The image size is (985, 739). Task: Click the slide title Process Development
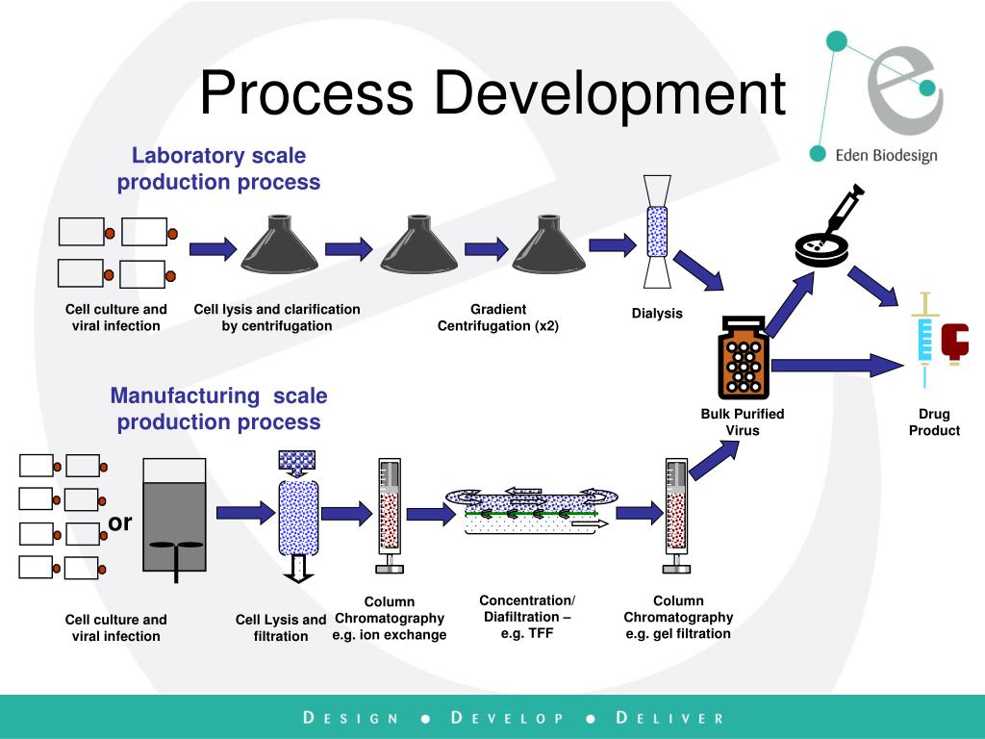[492, 94]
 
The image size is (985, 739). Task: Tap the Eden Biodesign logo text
[885, 155]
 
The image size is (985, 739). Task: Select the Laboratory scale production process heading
[218, 168]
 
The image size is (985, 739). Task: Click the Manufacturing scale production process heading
[218, 408]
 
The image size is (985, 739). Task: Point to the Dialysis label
[657, 313]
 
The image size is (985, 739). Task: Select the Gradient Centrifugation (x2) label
[498, 318]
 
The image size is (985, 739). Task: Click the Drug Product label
[934, 421]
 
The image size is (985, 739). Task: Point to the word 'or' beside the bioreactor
[120, 522]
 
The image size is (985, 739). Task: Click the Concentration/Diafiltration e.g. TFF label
[526, 617]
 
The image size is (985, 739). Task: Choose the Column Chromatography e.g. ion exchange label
[390, 618]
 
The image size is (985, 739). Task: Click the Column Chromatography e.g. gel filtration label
[678, 617]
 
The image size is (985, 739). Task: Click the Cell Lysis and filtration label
[281, 627]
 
